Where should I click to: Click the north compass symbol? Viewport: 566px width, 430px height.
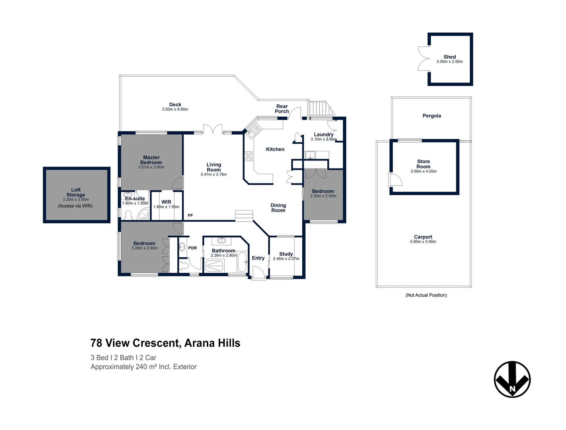click(x=512, y=379)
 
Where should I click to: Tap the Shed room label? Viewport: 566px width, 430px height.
click(x=449, y=57)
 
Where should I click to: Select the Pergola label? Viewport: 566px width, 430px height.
click(x=431, y=116)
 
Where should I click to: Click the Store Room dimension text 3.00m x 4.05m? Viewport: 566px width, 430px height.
click(x=423, y=172)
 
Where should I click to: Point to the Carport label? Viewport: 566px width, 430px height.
click(x=423, y=237)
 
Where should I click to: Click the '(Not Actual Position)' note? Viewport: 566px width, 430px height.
click(x=426, y=295)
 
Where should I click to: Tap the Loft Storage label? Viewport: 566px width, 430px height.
click(x=76, y=192)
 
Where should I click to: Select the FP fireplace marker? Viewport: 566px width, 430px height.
click(x=190, y=215)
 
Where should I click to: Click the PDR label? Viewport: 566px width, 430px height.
click(x=192, y=248)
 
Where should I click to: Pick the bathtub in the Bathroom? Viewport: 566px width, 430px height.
click(x=242, y=262)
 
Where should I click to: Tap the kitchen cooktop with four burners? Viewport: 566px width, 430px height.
click(x=249, y=156)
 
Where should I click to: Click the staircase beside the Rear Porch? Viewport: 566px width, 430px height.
click(x=319, y=108)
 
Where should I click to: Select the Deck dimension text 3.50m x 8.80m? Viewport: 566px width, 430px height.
click(x=175, y=109)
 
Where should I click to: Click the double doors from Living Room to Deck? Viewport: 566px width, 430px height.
click(x=213, y=129)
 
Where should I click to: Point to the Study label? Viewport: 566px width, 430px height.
click(x=286, y=254)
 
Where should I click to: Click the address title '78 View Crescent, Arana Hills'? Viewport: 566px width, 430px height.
click(x=165, y=343)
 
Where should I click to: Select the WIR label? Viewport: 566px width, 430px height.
click(x=166, y=202)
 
